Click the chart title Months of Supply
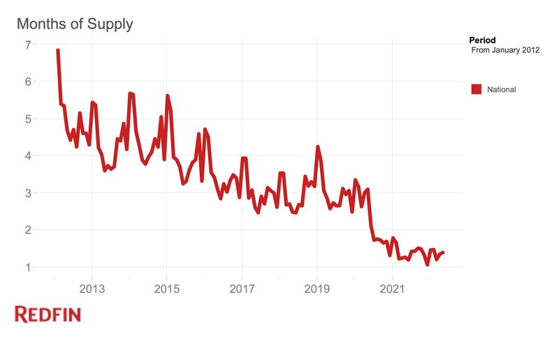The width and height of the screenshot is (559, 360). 75,24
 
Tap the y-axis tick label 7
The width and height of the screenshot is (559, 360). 28,45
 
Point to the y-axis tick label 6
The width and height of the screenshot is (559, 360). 28,82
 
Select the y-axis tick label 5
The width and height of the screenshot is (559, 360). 28,119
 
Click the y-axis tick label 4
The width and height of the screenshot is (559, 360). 28,156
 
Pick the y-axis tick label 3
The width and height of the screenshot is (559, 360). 28,193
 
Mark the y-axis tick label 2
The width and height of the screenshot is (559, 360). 28,230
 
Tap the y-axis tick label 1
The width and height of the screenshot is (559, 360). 28,267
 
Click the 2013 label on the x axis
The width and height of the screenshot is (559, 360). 92,289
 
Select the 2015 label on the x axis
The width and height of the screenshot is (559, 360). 166,289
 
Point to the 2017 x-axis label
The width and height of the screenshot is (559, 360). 242,289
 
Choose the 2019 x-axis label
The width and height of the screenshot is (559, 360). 317,289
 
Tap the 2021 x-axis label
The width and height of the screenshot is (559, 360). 392,289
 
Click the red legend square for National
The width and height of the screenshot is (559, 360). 477,89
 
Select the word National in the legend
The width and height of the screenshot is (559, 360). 502,89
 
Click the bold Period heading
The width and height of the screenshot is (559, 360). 482,41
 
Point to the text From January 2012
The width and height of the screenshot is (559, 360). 506,51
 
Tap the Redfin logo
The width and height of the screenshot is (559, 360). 48,315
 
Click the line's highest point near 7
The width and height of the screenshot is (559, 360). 57,50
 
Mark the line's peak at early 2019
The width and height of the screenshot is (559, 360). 318,147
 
